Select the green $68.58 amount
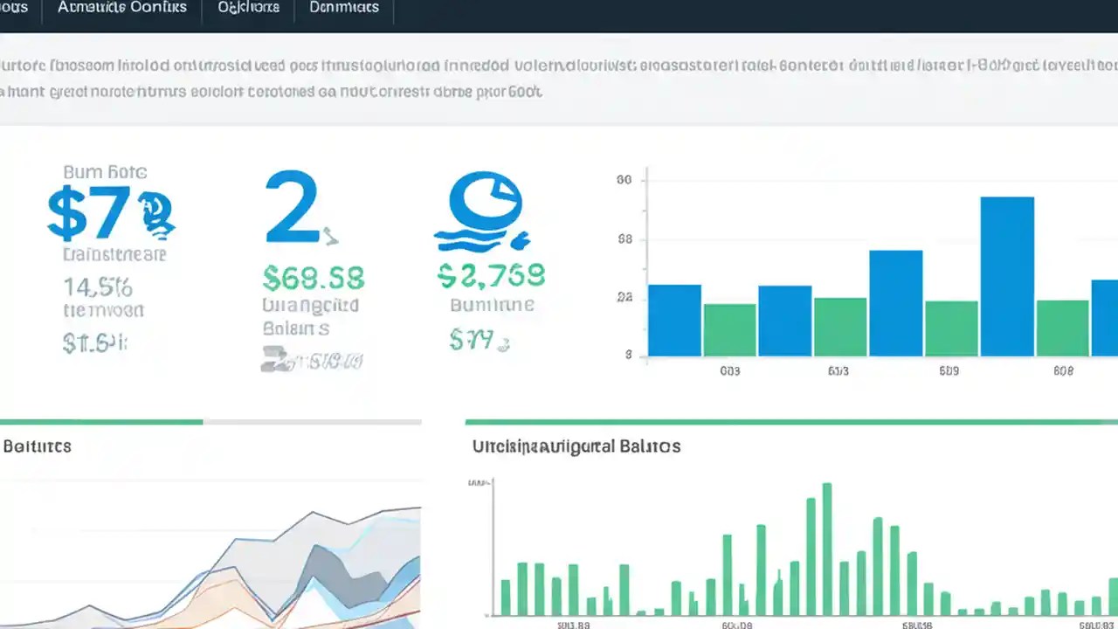pos(313,278)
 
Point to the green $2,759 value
pos(490,275)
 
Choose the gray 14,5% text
pos(97,286)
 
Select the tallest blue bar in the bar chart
pos(1007,276)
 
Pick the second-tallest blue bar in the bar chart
pos(895,302)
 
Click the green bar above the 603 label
pos(729,329)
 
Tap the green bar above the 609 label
pos(951,328)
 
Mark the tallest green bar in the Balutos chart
pos(826,549)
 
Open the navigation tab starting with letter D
pos(344,8)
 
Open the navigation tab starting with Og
pos(248,8)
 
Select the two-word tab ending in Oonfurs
pos(122,8)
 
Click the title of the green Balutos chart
pos(576,446)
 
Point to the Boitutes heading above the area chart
pos(37,446)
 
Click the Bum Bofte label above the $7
pos(105,172)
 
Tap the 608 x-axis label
pos(1063,371)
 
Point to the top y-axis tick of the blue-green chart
pos(624,181)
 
